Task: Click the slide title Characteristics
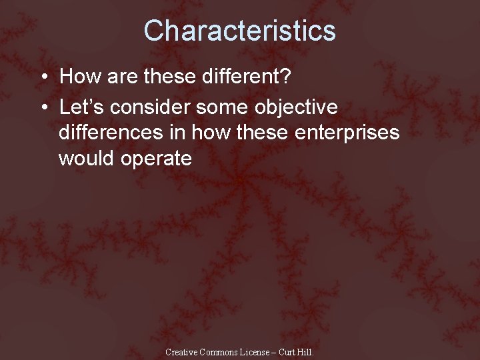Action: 239,31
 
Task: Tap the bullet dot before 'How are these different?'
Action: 43,77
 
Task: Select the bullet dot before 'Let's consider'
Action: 43,107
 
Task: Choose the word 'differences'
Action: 111,133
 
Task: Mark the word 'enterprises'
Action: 349,133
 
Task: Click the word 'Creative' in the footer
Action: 181,351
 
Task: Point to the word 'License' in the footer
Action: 257,351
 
